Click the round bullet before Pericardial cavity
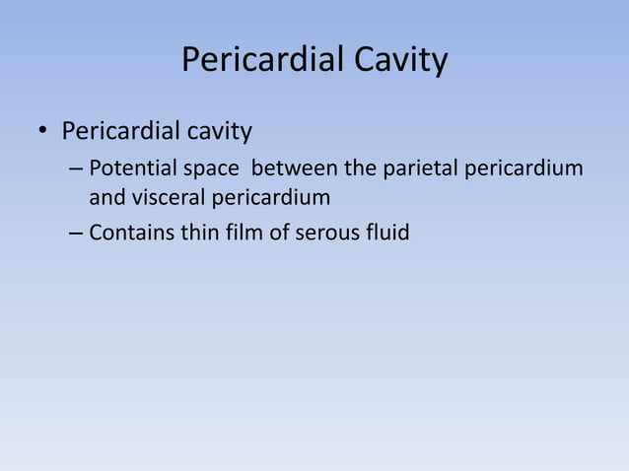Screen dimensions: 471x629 43,132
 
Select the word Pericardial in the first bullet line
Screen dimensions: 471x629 124,131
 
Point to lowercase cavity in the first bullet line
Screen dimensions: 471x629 223,131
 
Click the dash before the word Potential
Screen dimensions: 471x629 76,168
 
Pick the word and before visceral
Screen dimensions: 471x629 107,199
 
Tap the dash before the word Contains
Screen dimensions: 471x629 76,234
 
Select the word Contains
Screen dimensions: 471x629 128,233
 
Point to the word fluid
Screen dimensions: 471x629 385,233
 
